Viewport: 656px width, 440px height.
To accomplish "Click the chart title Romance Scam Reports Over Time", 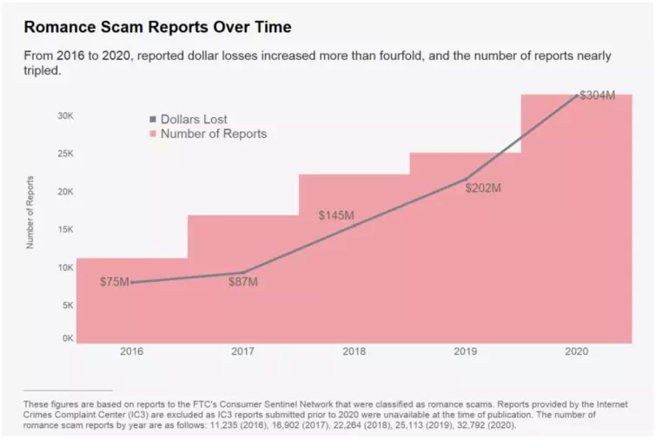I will tap(157, 27).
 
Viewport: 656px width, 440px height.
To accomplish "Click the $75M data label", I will tap(113, 281).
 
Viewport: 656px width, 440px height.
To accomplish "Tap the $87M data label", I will tap(243, 282).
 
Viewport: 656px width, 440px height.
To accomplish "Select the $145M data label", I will tap(336, 214).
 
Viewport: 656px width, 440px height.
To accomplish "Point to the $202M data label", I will tap(483, 187).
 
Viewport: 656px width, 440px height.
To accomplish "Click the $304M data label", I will tap(597, 95).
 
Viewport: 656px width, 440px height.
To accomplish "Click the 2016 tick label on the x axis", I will tap(132, 351).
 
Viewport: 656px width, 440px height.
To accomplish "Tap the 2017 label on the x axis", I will tap(243, 351).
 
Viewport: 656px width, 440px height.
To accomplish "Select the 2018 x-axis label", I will tap(355, 351).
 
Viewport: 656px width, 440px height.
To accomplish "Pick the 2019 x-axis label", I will tap(465, 351).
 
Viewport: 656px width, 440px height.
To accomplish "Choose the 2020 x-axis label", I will tap(576, 351).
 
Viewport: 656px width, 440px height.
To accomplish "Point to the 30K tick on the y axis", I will tap(65, 115).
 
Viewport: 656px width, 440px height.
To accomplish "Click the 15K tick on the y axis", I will tap(65, 230).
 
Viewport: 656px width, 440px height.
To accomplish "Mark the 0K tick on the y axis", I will tap(67, 338).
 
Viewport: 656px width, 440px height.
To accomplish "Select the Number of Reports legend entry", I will tap(213, 134).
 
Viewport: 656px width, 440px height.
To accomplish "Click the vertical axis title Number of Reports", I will tap(30, 212).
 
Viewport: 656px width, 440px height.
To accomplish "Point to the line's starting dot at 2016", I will tap(132, 282).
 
